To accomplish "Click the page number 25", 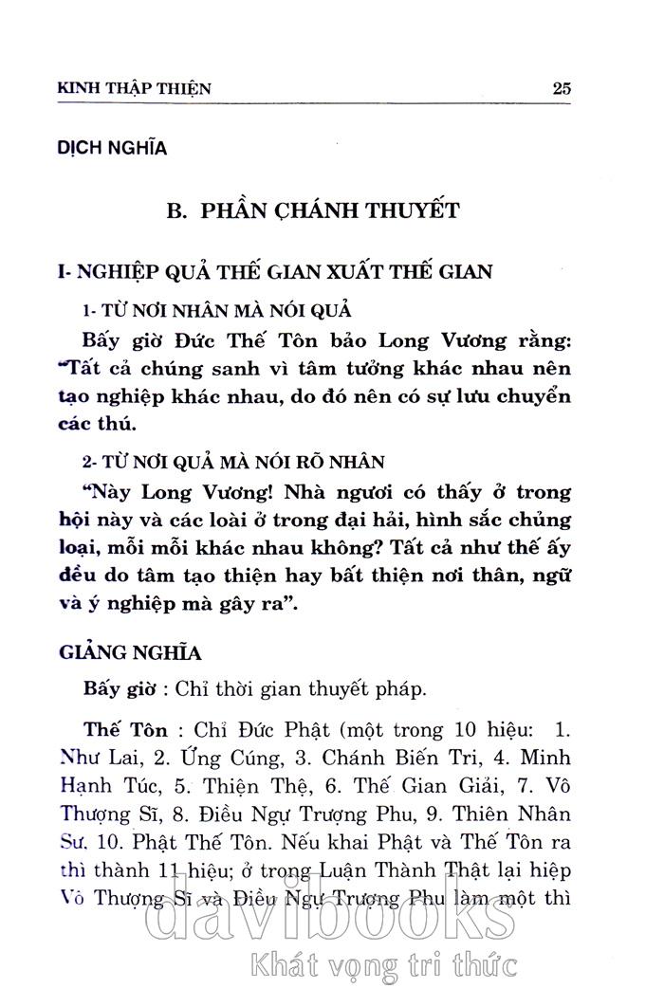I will click(x=561, y=88).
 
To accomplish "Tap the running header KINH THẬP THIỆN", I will click(x=135, y=89).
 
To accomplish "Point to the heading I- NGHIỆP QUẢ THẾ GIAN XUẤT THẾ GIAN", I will click(x=275, y=272).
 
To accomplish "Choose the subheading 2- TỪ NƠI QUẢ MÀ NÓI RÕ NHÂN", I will click(x=233, y=462).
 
